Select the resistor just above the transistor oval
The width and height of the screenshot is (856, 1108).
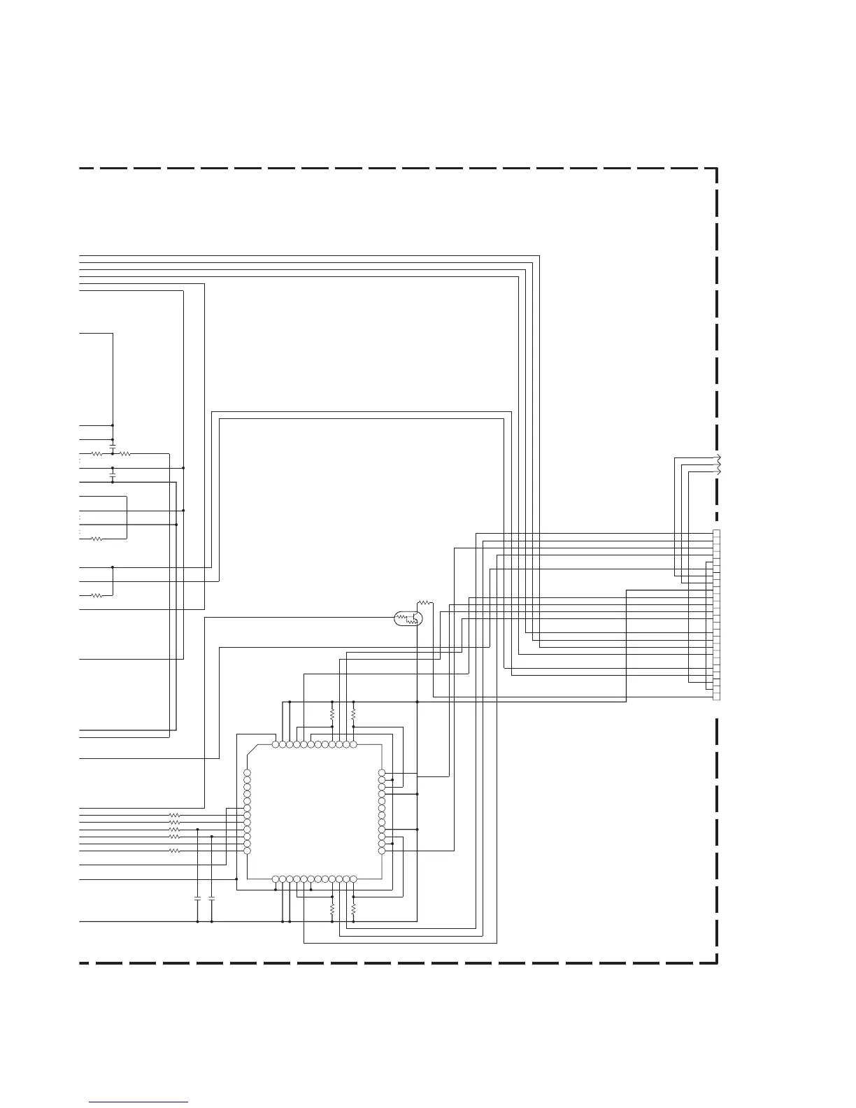click(425, 602)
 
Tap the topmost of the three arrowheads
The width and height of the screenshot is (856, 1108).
click(718, 457)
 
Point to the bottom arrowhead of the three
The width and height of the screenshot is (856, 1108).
click(718, 471)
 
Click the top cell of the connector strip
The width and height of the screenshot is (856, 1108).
click(716, 534)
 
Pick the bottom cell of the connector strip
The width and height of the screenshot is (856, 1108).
click(716, 697)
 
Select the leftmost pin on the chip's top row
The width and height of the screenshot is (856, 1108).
click(276, 744)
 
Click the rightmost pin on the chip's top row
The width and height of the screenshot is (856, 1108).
click(353, 744)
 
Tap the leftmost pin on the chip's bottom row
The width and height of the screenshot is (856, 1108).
click(276, 879)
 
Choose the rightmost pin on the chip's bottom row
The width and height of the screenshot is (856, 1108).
click(353, 879)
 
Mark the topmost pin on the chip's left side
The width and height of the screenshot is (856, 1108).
click(247, 773)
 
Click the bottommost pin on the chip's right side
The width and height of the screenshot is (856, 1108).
click(382, 851)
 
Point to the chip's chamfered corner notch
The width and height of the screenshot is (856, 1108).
click(252, 751)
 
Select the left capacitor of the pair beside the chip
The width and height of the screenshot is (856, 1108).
click(198, 897)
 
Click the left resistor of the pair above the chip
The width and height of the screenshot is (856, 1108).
click(332, 715)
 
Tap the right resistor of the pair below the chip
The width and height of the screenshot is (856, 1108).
click(353, 909)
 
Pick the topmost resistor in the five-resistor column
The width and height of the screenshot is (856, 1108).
click(175, 816)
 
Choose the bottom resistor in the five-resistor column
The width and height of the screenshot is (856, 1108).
click(175, 851)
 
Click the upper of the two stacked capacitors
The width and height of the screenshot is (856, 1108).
click(113, 446)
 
